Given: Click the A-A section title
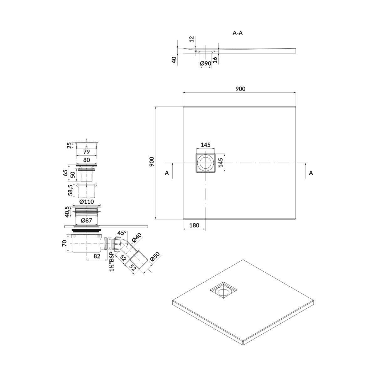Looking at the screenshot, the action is [x=238, y=33].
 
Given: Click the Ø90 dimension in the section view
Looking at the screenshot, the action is [x=206, y=63].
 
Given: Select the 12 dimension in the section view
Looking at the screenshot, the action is [x=192, y=39].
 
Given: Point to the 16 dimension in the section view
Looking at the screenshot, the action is [x=215, y=60].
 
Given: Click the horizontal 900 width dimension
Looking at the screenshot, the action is [x=240, y=89].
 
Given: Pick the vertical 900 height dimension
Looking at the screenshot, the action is [x=152, y=162].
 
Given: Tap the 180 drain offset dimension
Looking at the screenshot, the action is [x=194, y=225].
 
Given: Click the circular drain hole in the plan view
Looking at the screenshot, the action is [x=206, y=163].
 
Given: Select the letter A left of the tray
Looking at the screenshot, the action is [x=167, y=173].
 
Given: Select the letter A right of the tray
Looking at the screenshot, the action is [x=311, y=173].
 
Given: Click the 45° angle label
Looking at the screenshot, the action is [x=122, y=233].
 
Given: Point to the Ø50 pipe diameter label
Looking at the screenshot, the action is [x=155, y=257].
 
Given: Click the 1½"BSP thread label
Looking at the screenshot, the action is [x=112, y=262].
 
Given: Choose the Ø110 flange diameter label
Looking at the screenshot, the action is [x=86, y=201].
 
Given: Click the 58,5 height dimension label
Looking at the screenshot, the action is [x=70, y=190].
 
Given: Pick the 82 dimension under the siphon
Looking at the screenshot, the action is [x=97, y=256].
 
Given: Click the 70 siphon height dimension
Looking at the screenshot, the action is [x=65, y=243].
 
